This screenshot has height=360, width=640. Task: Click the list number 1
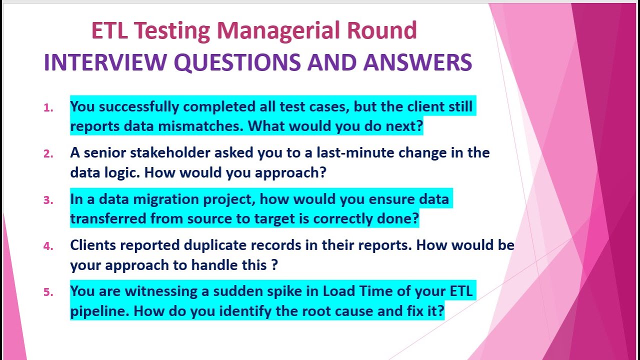(x=48, y=108)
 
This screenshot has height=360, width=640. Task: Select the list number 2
(x=48, y=154)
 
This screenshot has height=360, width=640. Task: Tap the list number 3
(x=48, y=200)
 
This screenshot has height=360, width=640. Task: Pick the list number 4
(x=48, y=246)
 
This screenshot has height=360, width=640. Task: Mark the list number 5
(x=48, y=292)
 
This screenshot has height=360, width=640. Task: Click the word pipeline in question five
(x=100, y=311)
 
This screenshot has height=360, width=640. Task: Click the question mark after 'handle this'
(x=274, y=265)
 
